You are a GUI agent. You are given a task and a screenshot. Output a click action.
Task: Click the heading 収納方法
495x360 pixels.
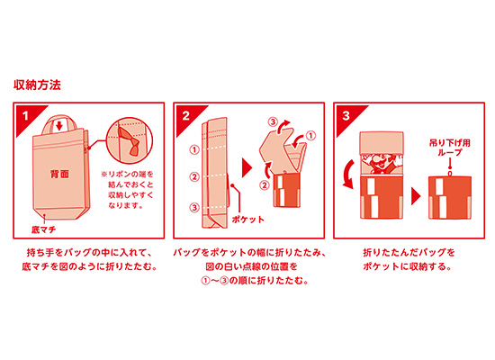37,85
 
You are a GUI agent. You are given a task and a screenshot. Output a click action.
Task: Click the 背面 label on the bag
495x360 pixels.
59,174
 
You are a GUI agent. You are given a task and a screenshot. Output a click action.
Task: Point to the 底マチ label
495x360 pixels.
43,229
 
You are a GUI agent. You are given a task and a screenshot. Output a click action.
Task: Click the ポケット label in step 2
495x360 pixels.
247,220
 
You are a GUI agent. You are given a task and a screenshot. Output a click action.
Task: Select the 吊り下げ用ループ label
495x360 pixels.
449,148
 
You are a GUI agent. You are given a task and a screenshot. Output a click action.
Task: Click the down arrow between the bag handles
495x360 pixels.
59,125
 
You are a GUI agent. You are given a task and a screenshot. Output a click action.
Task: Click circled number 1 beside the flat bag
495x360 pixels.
194,149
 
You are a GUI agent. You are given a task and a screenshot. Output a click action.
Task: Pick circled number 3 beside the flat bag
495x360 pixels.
194,208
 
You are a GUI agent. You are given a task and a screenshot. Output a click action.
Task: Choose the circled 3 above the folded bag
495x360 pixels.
273,121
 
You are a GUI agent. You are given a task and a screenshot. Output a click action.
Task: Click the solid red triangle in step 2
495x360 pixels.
247,168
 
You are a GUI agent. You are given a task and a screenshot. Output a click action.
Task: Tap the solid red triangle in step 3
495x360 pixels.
416,196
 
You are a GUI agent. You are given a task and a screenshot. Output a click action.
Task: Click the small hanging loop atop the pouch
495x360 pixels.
450,174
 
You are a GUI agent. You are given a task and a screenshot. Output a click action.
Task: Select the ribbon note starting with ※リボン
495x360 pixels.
127,190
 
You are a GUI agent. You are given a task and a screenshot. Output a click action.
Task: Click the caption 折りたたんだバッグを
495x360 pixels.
409,253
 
